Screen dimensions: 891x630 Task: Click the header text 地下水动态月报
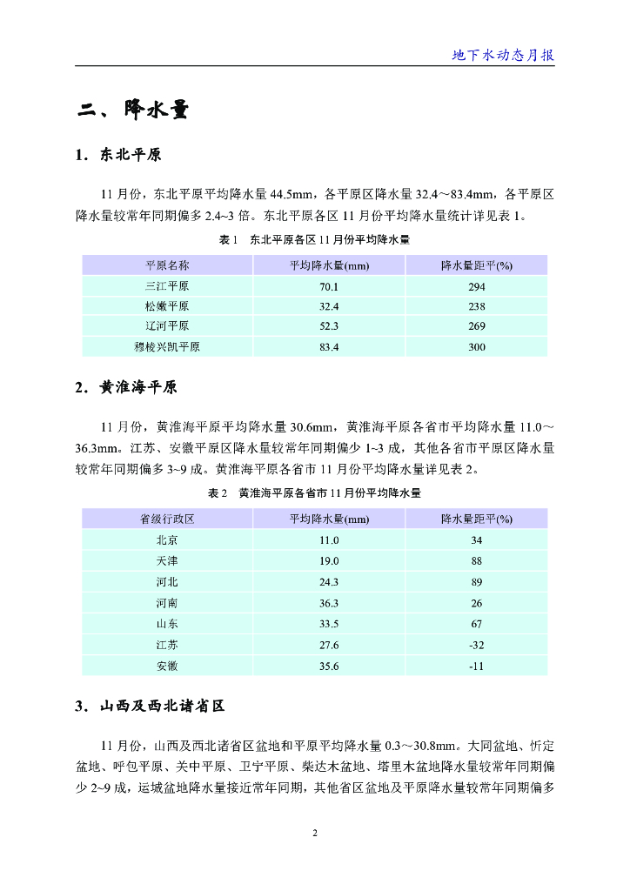tap(503, 55)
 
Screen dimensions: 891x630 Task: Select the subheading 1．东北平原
tap(118, 156)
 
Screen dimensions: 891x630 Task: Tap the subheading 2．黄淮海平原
tap(126, 387)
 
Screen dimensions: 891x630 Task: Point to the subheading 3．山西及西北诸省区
tap(151, 706)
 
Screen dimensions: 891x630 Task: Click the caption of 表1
tap(314, 239)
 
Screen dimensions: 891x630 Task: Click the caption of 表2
tap(314, 493)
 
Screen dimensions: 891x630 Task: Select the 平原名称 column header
tap(167, 265)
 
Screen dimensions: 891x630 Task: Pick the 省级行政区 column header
tap(167, 519)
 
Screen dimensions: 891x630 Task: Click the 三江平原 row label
tap(167, 286)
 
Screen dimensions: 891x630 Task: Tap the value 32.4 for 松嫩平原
tap(329, 306)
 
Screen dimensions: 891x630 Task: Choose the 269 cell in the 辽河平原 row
tap(476, 326)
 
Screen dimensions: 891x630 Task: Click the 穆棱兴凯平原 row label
tap(167, 347)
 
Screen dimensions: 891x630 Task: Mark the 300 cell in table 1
tap(476, 347)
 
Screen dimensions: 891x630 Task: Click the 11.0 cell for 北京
tap(329, 540)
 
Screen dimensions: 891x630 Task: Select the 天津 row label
tap(167, 561)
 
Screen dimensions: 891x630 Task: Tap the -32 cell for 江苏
tap(476, 645)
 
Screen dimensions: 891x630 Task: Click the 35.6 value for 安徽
tap(329, 666)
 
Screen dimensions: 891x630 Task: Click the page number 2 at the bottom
tap(315, 834)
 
